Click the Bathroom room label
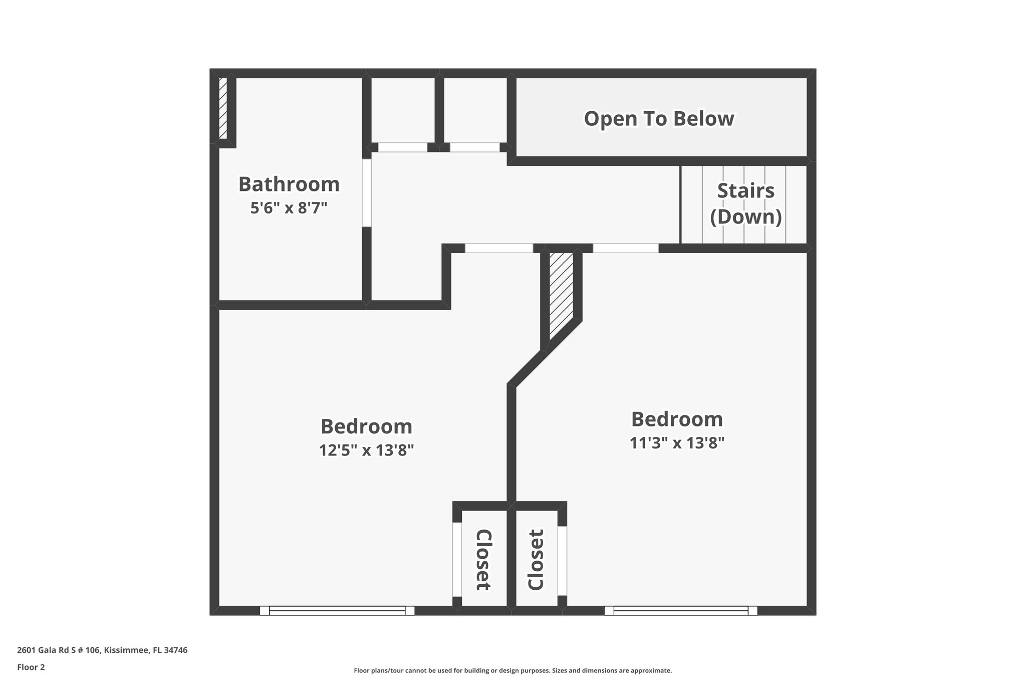(289, 184)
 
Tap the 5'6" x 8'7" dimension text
(289, 207)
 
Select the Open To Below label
(659, 119)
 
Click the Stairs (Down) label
(746, 203)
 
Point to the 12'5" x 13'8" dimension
(367, 450)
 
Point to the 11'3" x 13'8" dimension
(677, 443)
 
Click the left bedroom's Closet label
(483, 560)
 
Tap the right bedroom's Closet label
(536, 560)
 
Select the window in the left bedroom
(337, 610)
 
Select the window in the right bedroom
(681, 610)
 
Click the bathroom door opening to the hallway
(367, 193)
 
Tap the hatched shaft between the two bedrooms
(561, 296)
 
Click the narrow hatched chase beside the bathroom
(223, 108)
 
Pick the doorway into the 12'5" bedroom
(498, 248)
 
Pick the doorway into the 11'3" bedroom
(625, 248)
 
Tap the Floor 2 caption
(31, 667)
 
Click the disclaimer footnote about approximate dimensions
(512, 670)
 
